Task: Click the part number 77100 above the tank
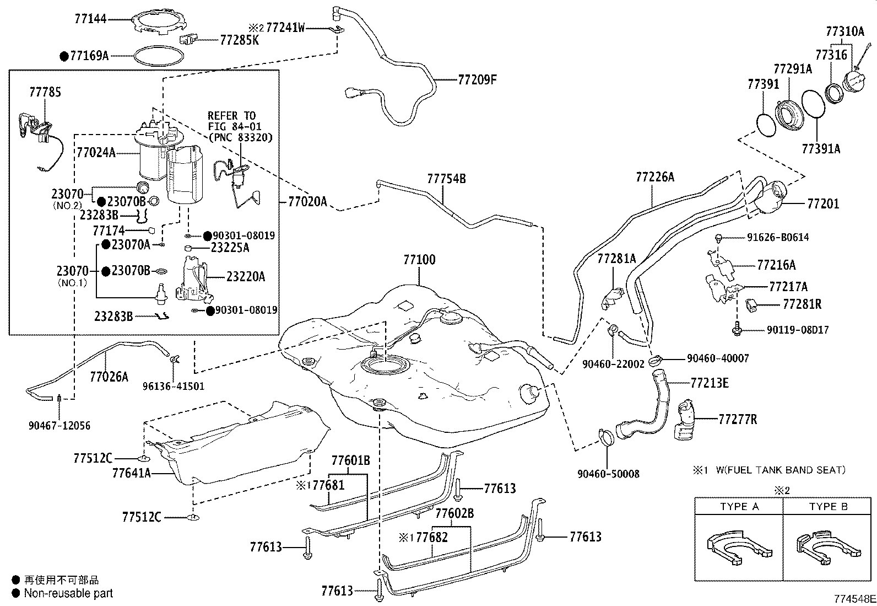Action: pyautogui.click(x=419, y=260)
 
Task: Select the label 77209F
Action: pyautogui.click(x=477, y=80)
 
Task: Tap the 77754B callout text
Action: pyautogui.click(x=446, y=179)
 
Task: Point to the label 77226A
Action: pyautogui.click(x=655, y=177)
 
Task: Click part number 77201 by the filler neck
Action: pyautogui.click(x=824, y=204)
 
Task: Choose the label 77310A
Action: pyautogui.click(x=845, y=31)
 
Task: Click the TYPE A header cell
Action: pyautogui.click(x=739, y=507)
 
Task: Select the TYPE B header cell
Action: pyautogui.click(x=829, y=507)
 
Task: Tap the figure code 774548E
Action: pyautogui.click(x=854, y=598)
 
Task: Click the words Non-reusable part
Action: pyautogui.click(x=68, y=593)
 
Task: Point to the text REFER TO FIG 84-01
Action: pyautogui.click(x=234, y=121)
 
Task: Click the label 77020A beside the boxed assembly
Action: pyautogui.click(x=307, y=202)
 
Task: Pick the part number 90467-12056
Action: pyautogui.click(x=59, y=426)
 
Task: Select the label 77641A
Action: pyautogui.click(x=132, y=474)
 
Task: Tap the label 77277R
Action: pyautogui.click(x=738, y=420)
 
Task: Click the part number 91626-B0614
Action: pyautogui.click(x=778, y=238)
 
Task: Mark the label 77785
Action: pyautogui.click(x=45, y=92)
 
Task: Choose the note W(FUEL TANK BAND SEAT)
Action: pyautogui.click(x=781, y=470)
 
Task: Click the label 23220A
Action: pyautogui.click(x=246, y=277)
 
